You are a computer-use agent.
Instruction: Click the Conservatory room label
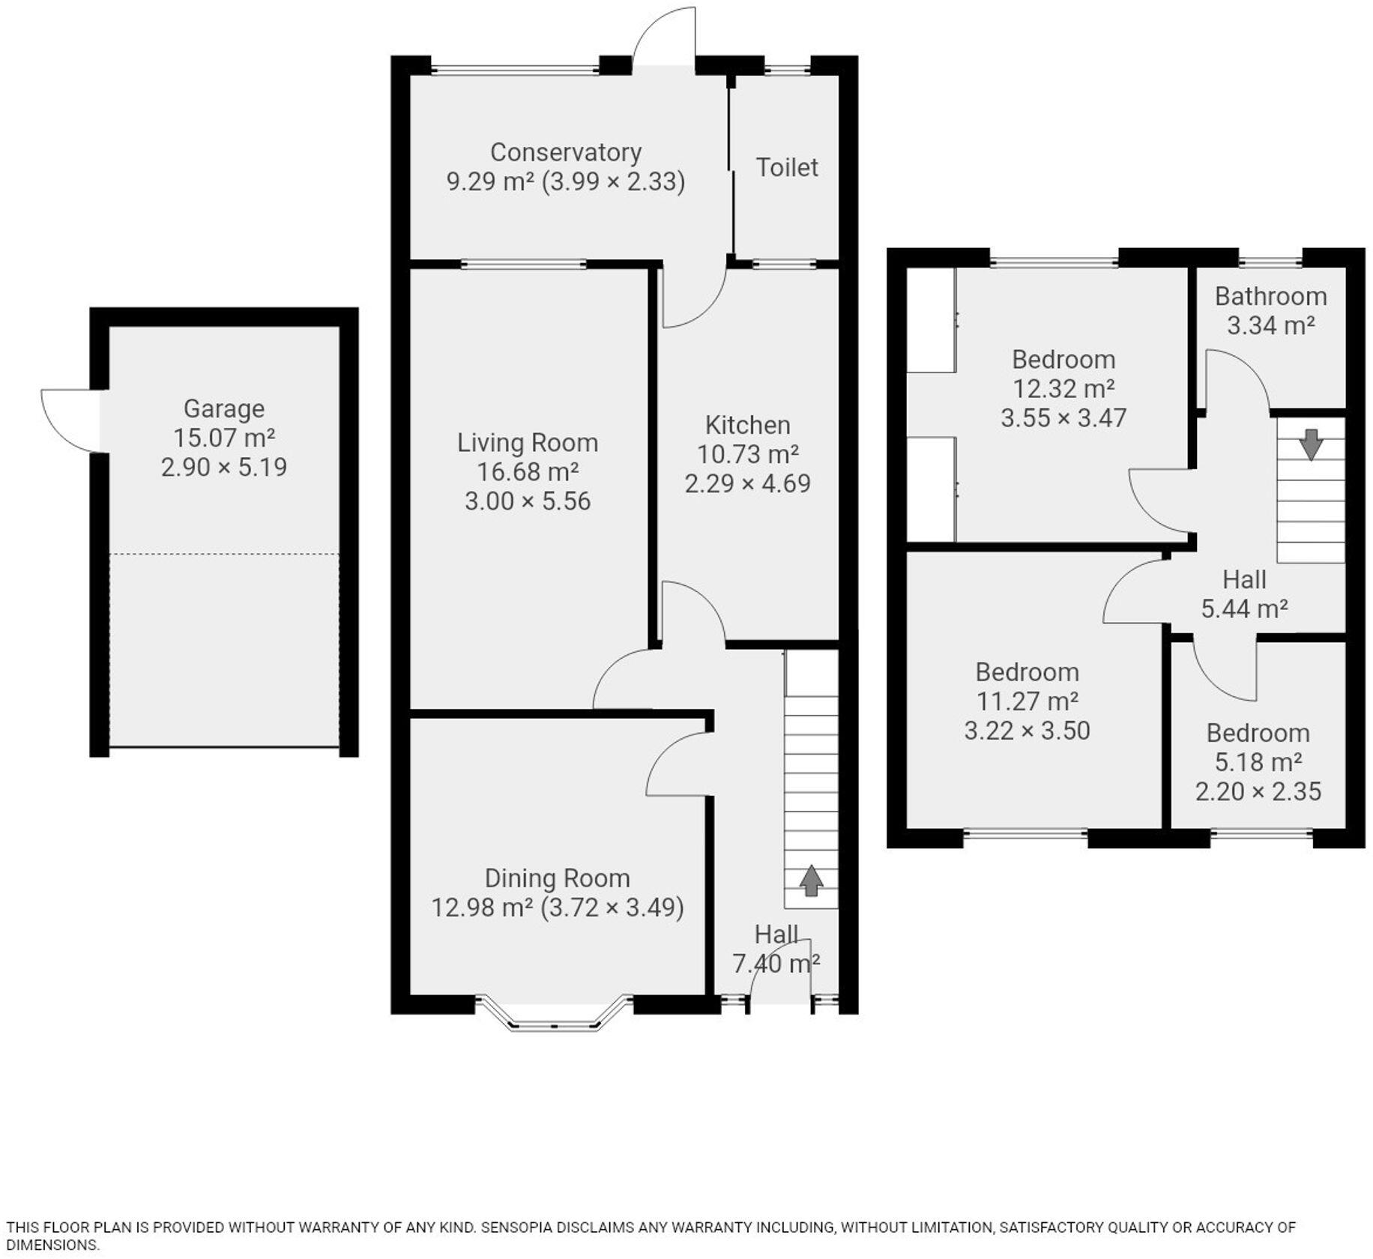click(x=565, y=152)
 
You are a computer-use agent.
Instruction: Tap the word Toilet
click(x=786, y=167)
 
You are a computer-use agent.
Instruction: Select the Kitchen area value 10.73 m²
click(x=747, y=454)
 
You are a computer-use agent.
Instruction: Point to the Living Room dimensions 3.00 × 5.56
click(x=528, y=501)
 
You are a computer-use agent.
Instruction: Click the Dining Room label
click(x=557, y=878)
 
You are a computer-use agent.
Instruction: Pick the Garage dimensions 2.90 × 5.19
click(x=223, y=467)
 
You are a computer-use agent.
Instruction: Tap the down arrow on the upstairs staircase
click(x=1310, y=444)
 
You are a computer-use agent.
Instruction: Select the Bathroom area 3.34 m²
click(x=1270, y=325)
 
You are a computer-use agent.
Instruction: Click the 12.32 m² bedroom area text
click(x=1063, y=388)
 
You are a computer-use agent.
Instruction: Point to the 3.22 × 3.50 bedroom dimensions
click(x=1026, y=730)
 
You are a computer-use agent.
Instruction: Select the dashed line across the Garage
click(x=223, y=554)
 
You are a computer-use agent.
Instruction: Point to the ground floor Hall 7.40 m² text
click(x=776, y=963)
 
